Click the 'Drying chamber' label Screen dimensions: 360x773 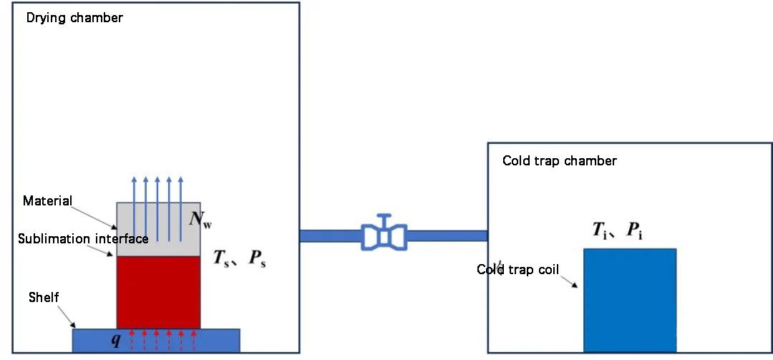point(74,18)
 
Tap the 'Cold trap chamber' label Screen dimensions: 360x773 point(559,160)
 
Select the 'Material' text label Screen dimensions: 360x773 point(47,200)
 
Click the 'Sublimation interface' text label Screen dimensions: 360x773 point(83,238)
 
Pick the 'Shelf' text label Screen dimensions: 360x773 point(44,296)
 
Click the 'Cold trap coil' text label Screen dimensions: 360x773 point(517,270)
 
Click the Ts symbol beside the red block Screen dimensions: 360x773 point(223,258)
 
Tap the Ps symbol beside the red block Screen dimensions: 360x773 point(258,258)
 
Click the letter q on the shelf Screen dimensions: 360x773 point(115,339)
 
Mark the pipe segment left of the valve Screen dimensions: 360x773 point(330,235)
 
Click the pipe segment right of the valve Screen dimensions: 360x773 point(447,235)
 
